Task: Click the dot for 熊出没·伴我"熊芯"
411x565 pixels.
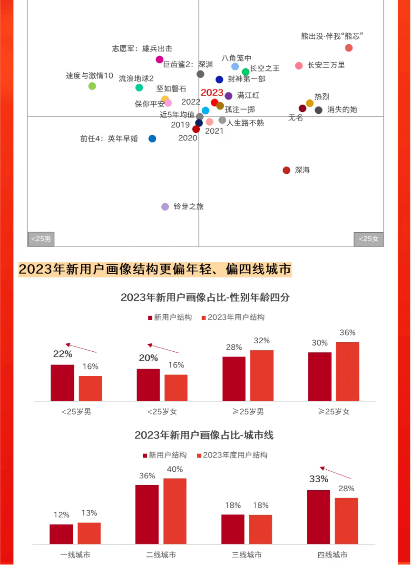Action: [349, 48]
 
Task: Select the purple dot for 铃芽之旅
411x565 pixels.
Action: [165, 207]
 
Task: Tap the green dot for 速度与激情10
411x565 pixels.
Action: [92, 86]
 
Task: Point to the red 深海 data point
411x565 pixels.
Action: [286, 170]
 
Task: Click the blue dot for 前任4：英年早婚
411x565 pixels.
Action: [152, 139]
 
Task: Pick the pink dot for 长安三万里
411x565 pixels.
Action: [299, 66]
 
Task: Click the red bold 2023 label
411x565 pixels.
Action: [212, 93]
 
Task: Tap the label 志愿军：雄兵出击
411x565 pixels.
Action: [142, 49]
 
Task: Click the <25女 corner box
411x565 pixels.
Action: [369, 239]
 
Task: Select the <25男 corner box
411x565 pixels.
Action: [41, 239]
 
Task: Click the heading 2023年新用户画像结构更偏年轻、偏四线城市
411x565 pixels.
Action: [155, 269]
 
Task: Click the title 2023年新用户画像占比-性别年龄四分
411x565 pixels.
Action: [205, 298]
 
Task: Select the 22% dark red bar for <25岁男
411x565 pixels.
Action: [62, 383]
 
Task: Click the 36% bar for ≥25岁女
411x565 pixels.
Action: [347, 371]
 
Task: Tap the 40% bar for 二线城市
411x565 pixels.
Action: [175, 511]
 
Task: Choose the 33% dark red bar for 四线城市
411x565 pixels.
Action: [318, 517]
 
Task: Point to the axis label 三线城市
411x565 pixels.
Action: [246, 555]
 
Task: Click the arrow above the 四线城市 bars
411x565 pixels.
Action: [335, 472]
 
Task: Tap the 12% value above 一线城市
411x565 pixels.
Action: [61, 515]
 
